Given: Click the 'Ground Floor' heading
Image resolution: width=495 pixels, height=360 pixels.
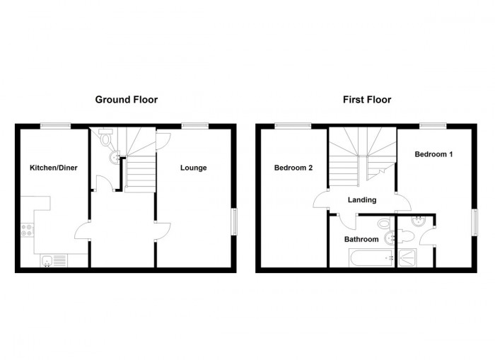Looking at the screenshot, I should click(126, 100).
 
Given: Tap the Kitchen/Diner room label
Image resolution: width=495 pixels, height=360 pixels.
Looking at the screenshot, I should click(53, 168).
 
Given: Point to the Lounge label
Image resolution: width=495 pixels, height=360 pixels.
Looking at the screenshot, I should click(193, 168).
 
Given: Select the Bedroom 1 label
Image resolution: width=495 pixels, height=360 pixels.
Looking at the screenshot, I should click(433, 154).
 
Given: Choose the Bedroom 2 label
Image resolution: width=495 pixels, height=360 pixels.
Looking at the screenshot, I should click(293, 168).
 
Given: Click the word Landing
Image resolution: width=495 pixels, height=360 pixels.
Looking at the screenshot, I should click(361, 200).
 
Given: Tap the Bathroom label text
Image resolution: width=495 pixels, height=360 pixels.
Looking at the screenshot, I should click(361, 239).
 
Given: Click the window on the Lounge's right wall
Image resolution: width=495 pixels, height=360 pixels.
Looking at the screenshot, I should click(235, 221).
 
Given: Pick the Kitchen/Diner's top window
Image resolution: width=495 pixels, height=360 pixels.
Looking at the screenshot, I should click(54, 126).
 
